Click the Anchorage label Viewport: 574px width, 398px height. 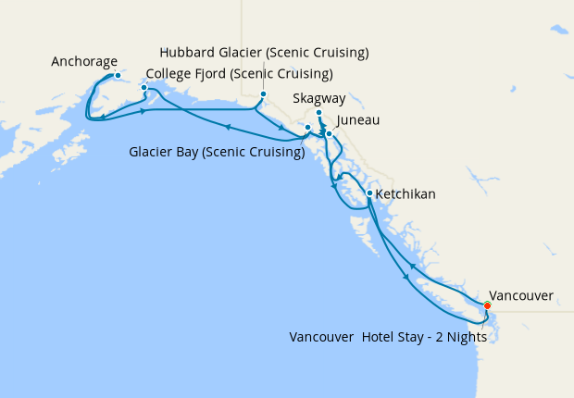pos(84,62)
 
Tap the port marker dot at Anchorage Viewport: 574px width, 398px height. pos(118,75)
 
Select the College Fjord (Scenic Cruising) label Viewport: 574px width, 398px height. pos(240,74)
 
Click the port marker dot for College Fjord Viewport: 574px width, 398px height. pos(143,88)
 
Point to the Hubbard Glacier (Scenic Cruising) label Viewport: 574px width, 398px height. pos(264,52)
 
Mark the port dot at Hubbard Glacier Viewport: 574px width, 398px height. pos(263,94)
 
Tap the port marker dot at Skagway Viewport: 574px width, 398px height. pos(318,114)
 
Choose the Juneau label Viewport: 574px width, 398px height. pos(358,120)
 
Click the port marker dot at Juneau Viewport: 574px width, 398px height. pos(329,133)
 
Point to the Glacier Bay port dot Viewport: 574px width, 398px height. pos(308,128)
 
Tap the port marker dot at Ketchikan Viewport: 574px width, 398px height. pos(369,193)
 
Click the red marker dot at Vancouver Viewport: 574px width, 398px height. pos(488,305)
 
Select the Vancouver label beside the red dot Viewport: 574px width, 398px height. pos(521,296)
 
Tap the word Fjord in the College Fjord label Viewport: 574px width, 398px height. pos(215,74)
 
